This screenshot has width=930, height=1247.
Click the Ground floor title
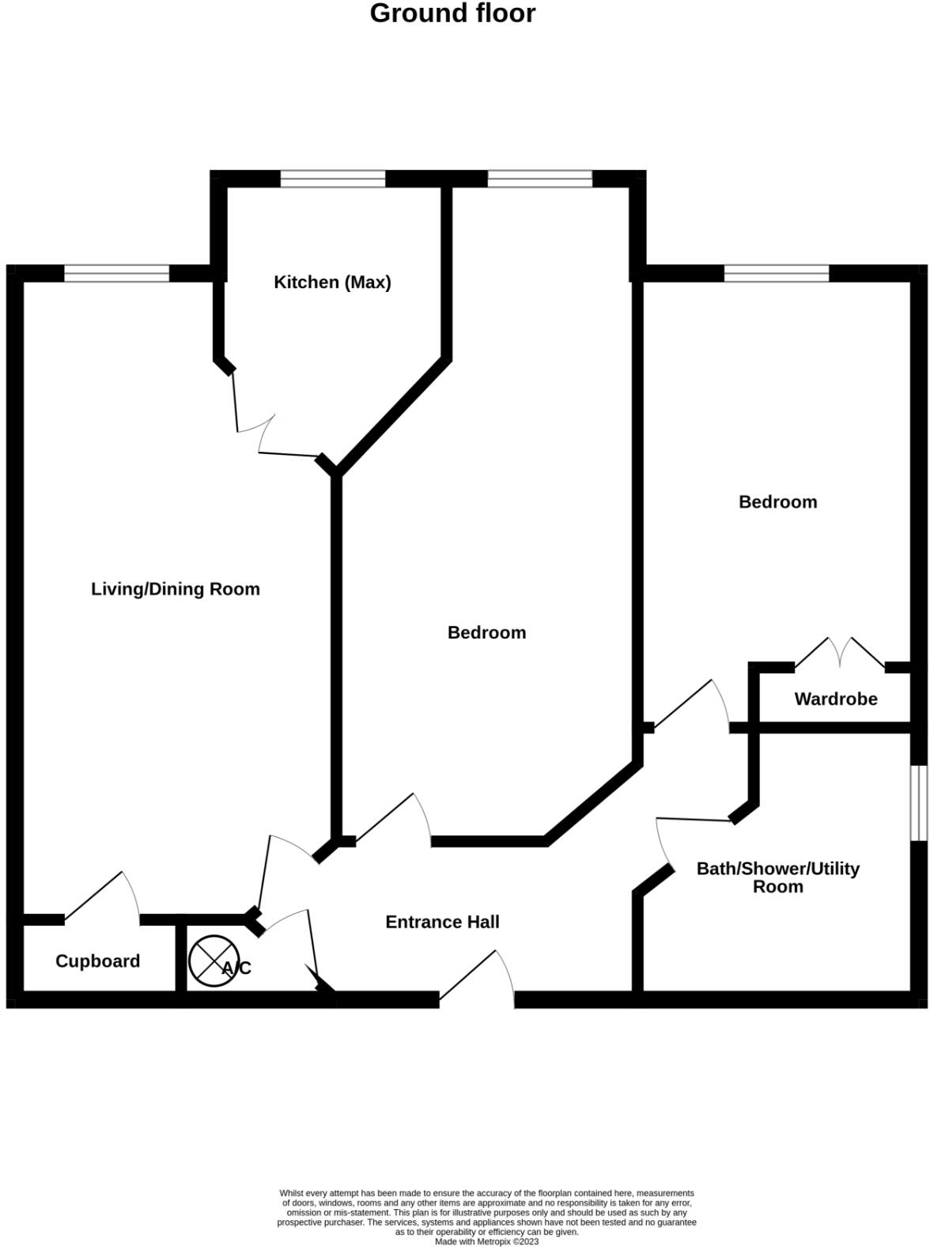pos(452,13)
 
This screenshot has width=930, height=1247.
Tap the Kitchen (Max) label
pos(332,282)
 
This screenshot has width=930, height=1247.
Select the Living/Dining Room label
pos(176,589)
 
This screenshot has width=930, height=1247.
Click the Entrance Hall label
pos(442,922)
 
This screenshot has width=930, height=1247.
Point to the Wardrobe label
pos(836,699)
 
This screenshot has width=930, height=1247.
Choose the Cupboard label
pos(97,961)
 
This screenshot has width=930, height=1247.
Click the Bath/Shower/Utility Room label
pos(777,877)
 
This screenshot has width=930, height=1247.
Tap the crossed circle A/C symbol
pos(214,961)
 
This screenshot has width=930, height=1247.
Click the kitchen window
pos(333,179)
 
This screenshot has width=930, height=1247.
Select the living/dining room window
pos(116,274)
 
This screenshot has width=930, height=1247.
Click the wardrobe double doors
pos(840,653)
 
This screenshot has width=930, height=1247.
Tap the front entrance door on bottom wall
pos(477,980)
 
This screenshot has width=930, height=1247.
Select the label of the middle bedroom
pos(486,633)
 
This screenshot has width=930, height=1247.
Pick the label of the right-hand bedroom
pos(777,502)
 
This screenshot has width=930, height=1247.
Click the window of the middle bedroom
pos(540,179)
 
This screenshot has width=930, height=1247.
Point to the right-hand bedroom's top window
pos(777,274)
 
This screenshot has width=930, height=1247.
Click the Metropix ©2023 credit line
pos(486,1241)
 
